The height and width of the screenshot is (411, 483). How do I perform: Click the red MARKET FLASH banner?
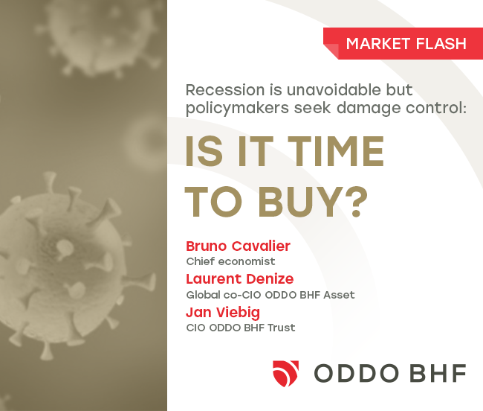[x=403, y=43]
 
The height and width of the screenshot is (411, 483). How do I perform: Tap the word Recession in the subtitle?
[x=225, y=90]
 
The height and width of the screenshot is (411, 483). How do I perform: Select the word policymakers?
[x=238, y=108]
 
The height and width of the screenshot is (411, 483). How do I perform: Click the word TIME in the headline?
[x=336, y=151]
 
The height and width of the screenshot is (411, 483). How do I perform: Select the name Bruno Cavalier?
[x=238, y=246]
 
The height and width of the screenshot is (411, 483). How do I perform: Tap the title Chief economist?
[x=230, y=261]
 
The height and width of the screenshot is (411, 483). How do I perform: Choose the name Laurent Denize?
[x=240, y=279]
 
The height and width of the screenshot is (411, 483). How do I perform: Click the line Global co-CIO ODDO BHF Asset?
[x=270, y=295]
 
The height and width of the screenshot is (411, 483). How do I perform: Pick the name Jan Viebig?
[x=223, y=312]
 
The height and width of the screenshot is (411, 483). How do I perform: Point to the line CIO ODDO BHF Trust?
[x=241, y=328]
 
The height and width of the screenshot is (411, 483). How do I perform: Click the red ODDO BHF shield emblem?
[x=285, y=373]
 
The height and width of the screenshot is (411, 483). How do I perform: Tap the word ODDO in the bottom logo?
[x=356, y=373]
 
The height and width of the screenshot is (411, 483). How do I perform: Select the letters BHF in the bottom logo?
[x=438, y=373]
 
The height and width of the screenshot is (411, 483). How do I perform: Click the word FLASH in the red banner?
[x=441, y=43]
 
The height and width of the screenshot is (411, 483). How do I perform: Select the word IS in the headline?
[x=204, y=151]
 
